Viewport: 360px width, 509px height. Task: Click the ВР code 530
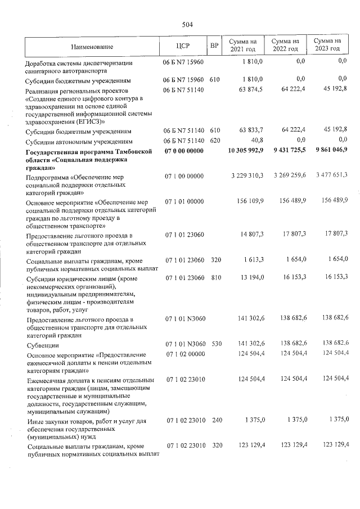(x=214, y=343)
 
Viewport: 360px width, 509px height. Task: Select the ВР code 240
(x=214, y=420)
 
